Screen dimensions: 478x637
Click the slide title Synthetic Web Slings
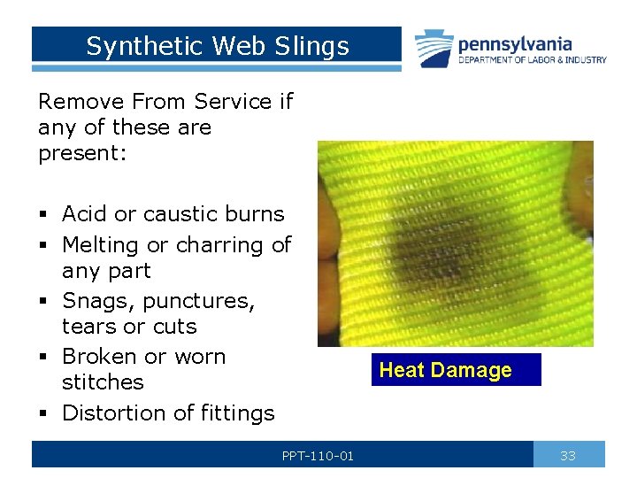click(x=218, y=46)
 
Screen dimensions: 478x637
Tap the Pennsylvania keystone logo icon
click(x=434, y=48)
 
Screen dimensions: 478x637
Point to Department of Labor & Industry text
click(x=532, y=60)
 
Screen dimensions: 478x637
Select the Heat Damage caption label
click(x=445, y=370)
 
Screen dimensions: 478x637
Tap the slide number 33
click(x=568, y=456)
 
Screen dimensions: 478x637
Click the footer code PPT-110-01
click(x=318, y=456)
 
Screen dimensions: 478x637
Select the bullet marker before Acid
click(x=43, y=215)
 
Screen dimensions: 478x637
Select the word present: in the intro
click(x=82, y=153)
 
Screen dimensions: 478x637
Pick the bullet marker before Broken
click(x=43, y=358)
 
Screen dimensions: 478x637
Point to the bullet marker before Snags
click(x=43, y=302)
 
